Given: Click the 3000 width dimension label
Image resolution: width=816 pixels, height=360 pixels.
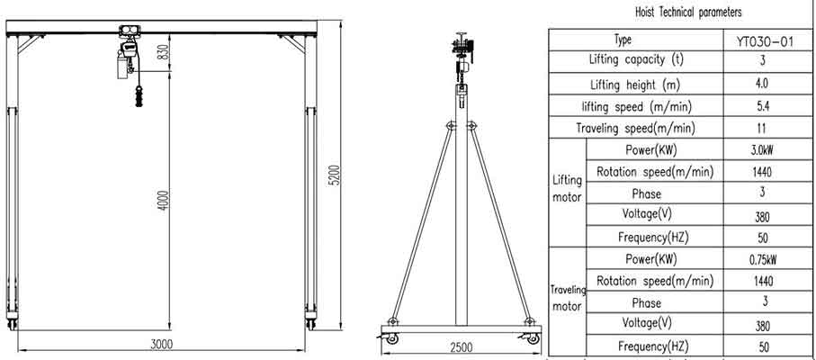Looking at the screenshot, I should point(162,344).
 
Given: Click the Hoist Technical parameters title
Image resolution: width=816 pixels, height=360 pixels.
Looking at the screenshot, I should point(680,13).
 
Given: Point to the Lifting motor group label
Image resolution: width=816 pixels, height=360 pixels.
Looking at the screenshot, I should point(566,189).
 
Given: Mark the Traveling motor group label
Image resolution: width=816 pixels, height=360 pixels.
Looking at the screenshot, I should point(568,298).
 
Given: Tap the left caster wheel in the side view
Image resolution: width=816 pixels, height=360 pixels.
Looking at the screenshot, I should point(391,337).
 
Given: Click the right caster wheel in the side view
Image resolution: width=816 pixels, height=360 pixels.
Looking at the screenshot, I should point(532,337).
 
